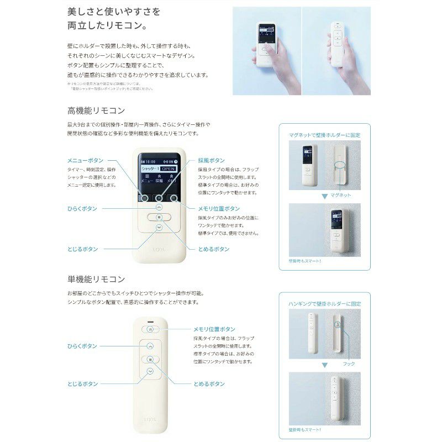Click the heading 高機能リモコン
(x=96, y=110)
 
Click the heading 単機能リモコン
(x=96, y=279)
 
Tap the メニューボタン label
(x=85, y=160)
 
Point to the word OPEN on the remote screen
(x=169, y=167)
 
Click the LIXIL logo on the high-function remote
(x=159, y=250)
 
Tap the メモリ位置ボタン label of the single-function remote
(x=214, y=329)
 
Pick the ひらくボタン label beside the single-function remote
(x=82, y=346)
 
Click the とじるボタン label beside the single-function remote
(x=82, y=383)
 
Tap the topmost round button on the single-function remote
(x=150, y=328)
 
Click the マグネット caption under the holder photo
(x=341, y=196)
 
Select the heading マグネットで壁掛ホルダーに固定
(x=325, y=134)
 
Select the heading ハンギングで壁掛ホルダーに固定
(x=325, y=303)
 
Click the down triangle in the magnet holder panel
(x=324, y=196)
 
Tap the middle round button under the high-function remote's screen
(x=159, y=198)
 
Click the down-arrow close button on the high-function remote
(x=159, y=227)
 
